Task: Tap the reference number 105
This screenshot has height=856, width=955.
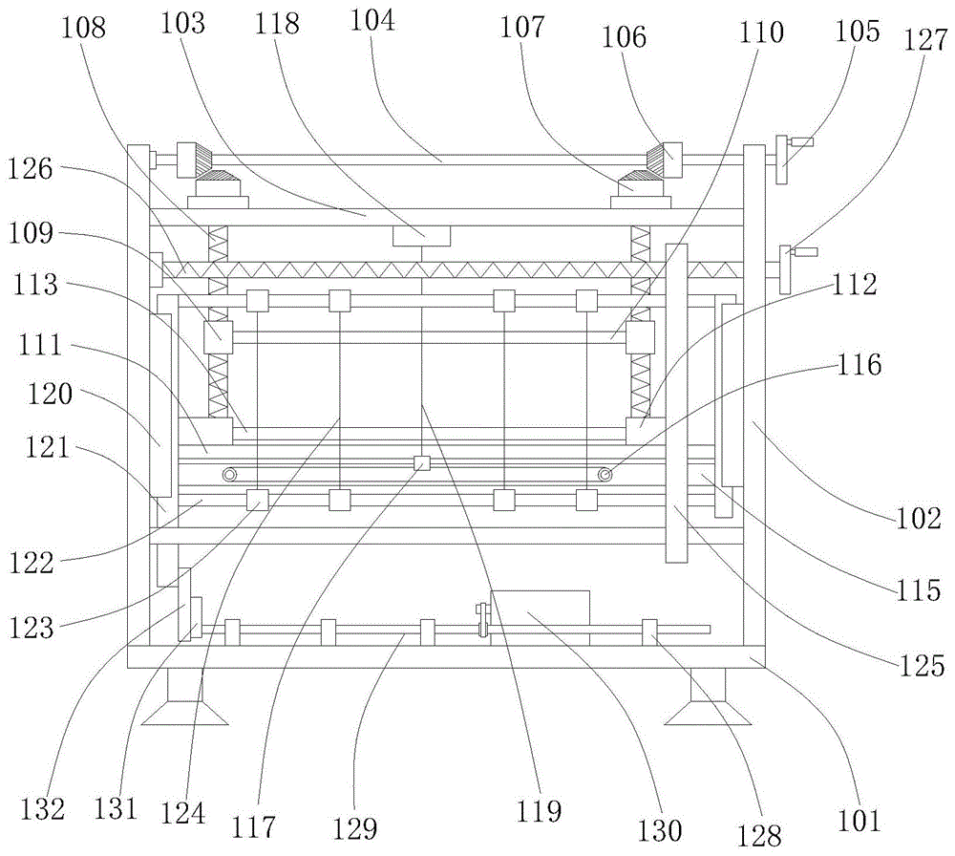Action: coord(857,31)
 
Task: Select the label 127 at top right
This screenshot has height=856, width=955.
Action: coord(925,39)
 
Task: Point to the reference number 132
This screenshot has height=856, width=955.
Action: coord(43,809)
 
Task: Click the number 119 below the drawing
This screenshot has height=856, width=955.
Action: coord(539,811)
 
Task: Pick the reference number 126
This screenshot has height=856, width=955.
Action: coord(31,169)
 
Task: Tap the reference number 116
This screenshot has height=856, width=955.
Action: coord(859,364)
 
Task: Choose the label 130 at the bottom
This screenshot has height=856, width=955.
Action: coord(660,830)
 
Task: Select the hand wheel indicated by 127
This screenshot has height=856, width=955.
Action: coord(793,268)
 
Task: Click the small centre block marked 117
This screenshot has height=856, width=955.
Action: coord(421,463)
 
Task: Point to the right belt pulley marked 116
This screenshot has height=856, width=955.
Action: coord(605,474)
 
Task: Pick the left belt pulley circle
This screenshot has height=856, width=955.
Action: coord(229,474)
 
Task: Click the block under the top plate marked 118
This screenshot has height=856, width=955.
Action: coord(421,236)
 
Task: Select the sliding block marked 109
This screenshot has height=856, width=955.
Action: coord(218,337)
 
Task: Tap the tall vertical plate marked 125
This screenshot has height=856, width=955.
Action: coord(676,403)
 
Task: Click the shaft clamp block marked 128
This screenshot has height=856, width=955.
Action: coord(649,632)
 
